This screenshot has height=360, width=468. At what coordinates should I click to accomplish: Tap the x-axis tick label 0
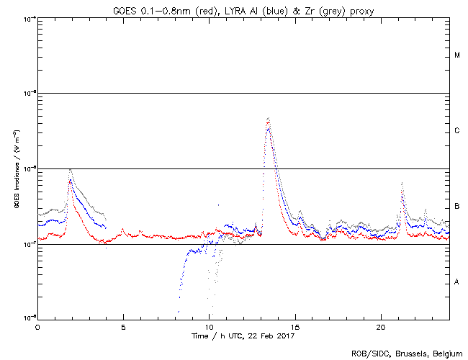click(37, 327)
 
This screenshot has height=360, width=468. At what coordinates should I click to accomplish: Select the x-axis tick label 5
click(123, 327)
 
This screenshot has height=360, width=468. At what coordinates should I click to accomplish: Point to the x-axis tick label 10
click(209, 327)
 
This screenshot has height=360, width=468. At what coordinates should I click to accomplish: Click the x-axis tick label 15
click(295, 327)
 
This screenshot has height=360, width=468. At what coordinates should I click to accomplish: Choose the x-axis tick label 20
click(381, 327)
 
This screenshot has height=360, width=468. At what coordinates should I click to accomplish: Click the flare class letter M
click(457, 55)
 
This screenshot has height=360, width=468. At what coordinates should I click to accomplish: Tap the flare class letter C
click(457, 131)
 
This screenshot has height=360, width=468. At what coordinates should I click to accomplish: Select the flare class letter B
click(457, 207)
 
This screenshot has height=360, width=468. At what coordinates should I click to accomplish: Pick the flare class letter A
click(457, 282)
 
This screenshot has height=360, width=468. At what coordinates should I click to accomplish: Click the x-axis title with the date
click(243, 336)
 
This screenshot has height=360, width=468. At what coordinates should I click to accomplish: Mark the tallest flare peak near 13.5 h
click(268, 118)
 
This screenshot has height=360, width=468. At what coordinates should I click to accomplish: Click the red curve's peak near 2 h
click(70, 181)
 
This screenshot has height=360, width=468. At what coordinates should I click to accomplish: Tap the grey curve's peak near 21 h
click(402, 184)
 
